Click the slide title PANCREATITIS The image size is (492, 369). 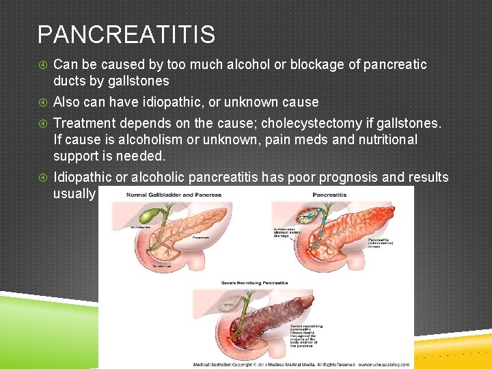(126, 34)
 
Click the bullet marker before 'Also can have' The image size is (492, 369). (42, 102)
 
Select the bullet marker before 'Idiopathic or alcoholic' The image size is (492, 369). (42, 178)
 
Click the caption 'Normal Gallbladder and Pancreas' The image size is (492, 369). (174, 195)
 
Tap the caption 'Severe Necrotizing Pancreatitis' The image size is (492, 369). (254, 282)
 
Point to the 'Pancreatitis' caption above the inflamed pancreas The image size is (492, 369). (329, 195)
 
